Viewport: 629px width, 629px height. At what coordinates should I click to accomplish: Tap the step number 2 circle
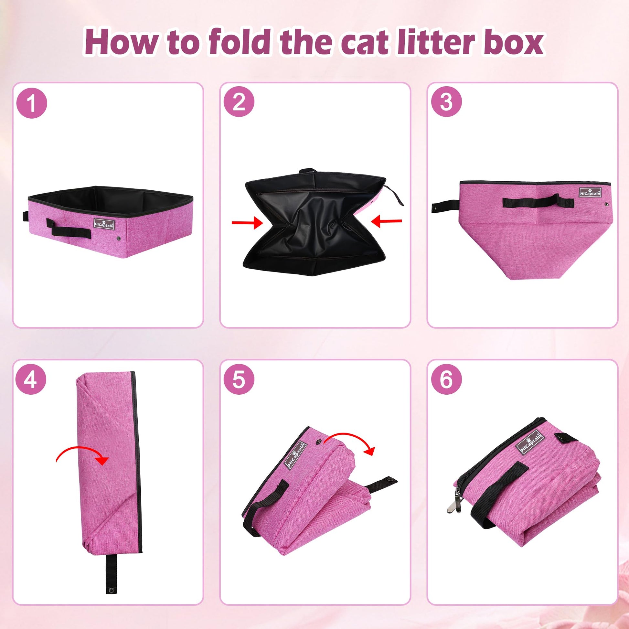point(239,102)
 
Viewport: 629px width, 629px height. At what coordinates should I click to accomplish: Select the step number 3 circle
point(446,102)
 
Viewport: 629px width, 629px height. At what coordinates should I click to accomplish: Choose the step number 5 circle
point(239,380)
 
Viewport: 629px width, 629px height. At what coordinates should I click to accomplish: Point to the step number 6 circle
point(446,380)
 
